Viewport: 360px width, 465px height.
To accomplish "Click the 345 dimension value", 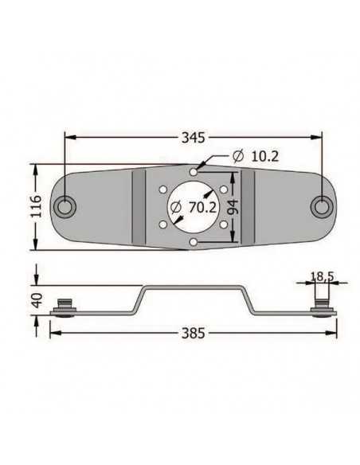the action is click(x=193, y=138).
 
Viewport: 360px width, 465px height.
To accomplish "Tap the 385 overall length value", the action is click(x=193, y=333).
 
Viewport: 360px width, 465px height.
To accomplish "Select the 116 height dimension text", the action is click(x=37, y=206).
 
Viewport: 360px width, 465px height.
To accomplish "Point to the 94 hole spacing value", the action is click(x=233, y=207).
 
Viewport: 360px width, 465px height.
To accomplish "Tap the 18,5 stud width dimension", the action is click(x=322, y=276).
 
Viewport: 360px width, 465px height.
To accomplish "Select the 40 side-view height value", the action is click(x=37, y=300).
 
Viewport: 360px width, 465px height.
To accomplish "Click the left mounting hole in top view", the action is click(x=64, y=207).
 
